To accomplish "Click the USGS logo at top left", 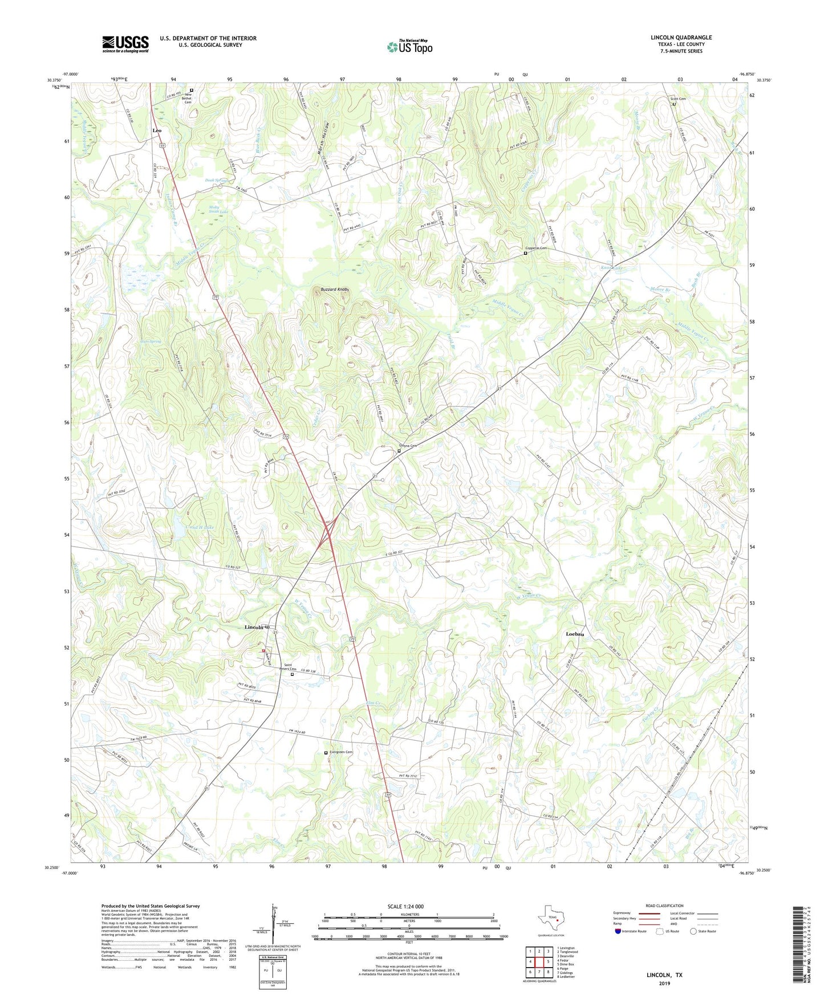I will pos(125,44).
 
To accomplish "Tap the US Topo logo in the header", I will pos(409,47).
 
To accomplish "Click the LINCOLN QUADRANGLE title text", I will pos(681,38).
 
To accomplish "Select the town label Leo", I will pos(157,131).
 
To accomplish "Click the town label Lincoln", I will pos(254,627).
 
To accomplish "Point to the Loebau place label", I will pos(575,634).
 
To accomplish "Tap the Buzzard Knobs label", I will pos(335,289).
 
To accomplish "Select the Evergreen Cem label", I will pos(341,752).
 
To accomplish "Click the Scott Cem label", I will pos(677,99).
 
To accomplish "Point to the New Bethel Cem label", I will pos(186,99).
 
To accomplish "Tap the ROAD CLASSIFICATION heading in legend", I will pos(664,906).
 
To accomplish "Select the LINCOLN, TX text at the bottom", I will pos(664,975).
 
